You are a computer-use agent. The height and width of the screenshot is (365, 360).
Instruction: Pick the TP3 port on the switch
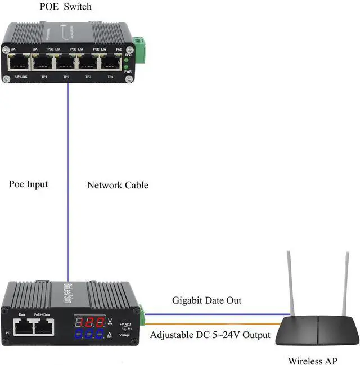[x=88, y=62]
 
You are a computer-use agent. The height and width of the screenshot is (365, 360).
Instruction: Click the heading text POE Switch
[x=66, y=7]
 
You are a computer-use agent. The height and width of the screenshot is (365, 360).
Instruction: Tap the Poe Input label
[x=29, y=184]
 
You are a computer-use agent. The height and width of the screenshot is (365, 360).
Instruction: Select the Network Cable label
[x=118, y=184]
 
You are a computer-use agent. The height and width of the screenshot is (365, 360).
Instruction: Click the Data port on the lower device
[x=24, y=325]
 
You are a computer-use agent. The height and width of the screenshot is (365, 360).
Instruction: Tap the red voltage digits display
[x=90, y=322]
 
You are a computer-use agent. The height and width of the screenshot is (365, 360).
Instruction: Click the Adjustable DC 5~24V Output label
[x=210, y=335]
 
